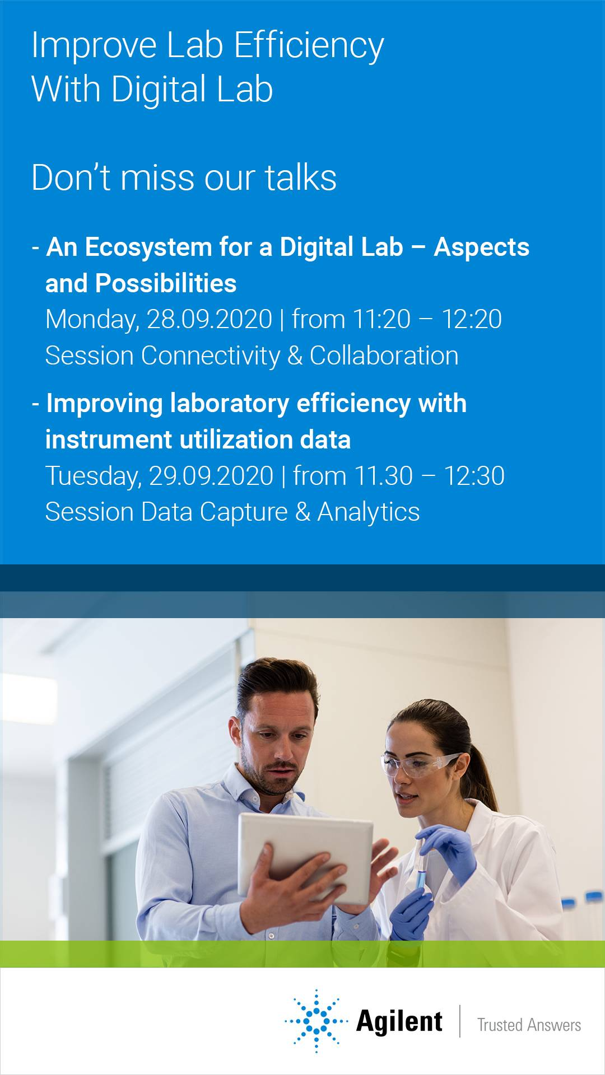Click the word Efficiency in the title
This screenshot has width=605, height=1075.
tap(309, 46)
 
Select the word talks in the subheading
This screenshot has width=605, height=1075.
tap(301, 177)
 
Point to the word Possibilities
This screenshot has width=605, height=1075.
tap(166, 284)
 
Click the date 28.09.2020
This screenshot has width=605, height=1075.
tap(210, 319)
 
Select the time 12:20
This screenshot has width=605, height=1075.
tap(472, 319)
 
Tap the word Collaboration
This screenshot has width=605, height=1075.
tap(384, 356)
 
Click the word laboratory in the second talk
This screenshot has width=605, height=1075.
tap(230, 404)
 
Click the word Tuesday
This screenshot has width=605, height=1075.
tap(93, 476)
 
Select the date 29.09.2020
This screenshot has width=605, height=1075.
tap(211, 476)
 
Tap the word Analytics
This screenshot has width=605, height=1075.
tap(369, 512)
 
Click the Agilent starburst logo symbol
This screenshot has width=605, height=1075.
tap(317, 1021)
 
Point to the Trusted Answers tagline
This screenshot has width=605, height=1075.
tap(529, 1025)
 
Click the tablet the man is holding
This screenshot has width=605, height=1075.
tap(305, 857)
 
